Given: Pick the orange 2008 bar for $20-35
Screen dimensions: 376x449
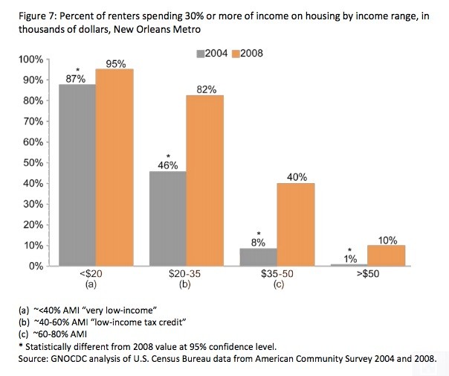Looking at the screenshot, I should point(205,180).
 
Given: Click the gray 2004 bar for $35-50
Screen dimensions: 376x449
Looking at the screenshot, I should point(259,257).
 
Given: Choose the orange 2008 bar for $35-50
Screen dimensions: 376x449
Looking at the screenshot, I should point(296,224).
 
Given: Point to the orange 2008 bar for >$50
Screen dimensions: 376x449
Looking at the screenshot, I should point(387,255).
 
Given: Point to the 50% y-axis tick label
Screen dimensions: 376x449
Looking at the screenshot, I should point(33,162).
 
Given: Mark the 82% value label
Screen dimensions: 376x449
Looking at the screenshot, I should point(205,89).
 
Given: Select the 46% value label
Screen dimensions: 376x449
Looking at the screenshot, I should point(168,165).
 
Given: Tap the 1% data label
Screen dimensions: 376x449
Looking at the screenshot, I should point(349,258).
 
